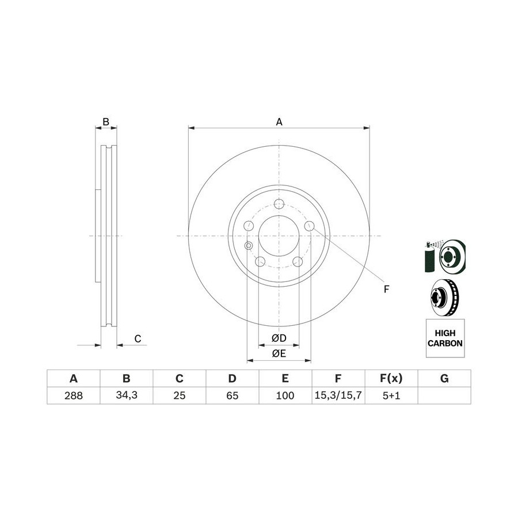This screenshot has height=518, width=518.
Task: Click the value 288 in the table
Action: tap(73, 395)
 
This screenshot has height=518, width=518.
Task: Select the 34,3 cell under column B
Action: tap(127, 395)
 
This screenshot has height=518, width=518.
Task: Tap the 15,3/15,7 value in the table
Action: tap(338, 395)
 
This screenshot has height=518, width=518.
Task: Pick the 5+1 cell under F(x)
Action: tap(391, 395)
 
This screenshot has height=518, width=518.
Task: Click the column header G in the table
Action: tap(444, 378)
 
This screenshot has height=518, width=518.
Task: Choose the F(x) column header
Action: tap(391, 378)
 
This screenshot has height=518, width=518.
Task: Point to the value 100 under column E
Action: tap(285, 395)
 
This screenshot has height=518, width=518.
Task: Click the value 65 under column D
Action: tap(233, 395)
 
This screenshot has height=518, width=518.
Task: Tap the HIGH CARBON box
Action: tap(445, 338)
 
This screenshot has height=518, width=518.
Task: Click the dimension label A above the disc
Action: tap(279, 122)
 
